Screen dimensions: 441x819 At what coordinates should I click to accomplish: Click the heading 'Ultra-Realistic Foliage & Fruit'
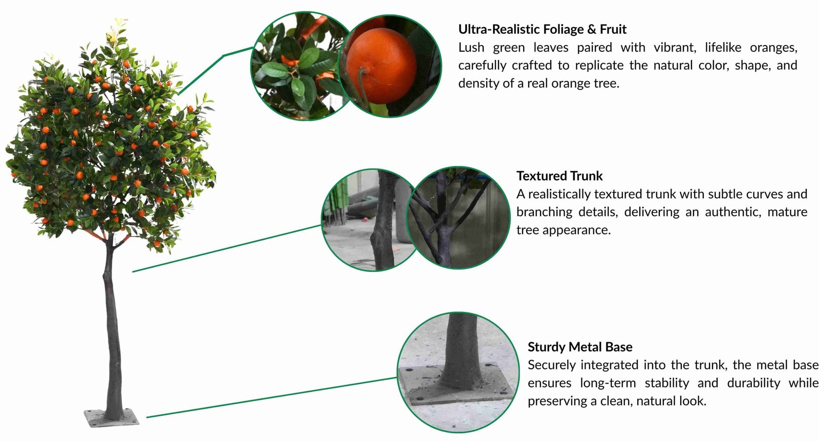coord(542,29)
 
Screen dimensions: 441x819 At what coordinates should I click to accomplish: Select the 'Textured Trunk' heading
coord(559,176)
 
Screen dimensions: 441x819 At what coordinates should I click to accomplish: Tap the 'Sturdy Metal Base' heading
coord(579,347)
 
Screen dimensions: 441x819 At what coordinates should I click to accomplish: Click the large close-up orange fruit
coord(381,66)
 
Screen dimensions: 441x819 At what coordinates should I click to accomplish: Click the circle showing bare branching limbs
coord(458,218)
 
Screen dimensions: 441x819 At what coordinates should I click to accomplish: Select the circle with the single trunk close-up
coord(366,220)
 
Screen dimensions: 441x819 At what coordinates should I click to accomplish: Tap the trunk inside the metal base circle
coord(461,353)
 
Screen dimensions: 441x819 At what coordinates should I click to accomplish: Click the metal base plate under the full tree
coord(112,418)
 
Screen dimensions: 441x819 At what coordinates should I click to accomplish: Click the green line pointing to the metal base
coord(271,398)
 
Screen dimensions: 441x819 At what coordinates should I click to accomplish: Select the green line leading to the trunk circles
coord(225,248)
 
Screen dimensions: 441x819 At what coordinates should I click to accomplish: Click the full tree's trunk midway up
coord(112,328)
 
